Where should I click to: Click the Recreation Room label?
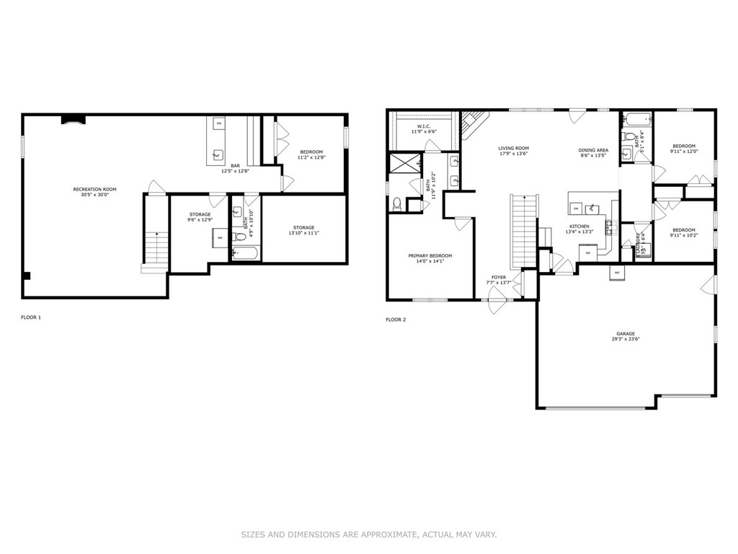94,192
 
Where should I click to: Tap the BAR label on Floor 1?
235,168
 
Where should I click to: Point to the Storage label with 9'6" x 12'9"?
200,217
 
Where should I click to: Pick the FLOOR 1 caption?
31,317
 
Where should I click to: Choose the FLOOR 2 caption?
396,320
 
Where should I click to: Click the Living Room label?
513,151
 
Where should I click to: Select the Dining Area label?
593,153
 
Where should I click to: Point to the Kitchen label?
579,229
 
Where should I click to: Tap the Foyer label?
499,279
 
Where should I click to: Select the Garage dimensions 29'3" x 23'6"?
625,338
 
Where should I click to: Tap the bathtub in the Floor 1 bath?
245,253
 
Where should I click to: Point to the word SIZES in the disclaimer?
253,535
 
